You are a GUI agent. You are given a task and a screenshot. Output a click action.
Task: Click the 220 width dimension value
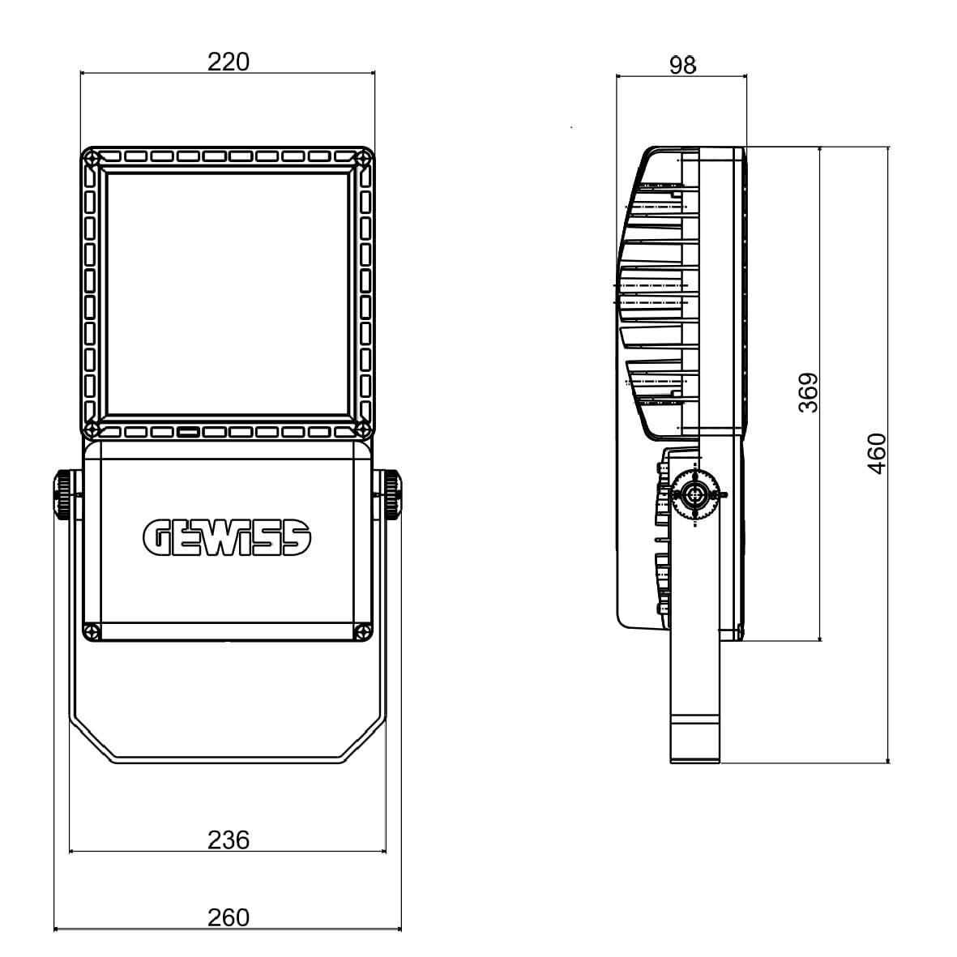pos(229,62)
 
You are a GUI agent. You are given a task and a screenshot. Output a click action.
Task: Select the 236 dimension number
pos(229,840)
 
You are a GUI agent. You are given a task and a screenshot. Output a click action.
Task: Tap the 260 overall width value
pos(229,917)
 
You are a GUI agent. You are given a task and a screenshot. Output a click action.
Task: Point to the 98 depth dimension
pos(682,65)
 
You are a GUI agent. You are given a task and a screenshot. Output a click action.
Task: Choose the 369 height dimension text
pos(809,392)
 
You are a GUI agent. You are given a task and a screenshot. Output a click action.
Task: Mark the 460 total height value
pos(877,454)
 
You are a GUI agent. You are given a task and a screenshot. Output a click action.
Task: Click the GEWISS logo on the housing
pos(227,538)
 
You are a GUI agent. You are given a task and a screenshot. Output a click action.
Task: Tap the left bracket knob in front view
pos(63,493)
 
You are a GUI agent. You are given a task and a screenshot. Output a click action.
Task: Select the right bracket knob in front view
pos(392,493)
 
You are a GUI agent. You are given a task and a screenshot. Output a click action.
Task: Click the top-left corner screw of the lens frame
pos(92,158)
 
